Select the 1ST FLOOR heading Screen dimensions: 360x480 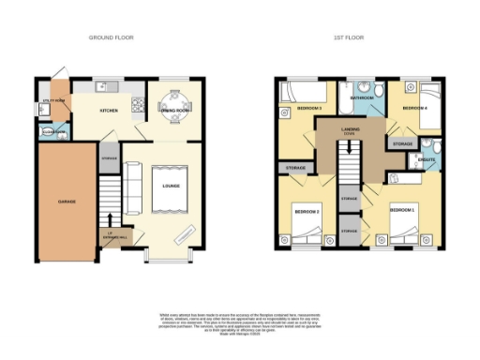pos(348,37)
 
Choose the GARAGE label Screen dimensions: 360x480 pos(67,201)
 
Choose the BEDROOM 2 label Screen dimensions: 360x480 pos(310,212)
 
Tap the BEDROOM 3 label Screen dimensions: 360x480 pos(309,109)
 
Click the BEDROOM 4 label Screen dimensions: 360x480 pos(414,109)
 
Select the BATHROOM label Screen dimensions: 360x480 pos(362,97)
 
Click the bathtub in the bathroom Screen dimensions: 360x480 pos(362,86)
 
